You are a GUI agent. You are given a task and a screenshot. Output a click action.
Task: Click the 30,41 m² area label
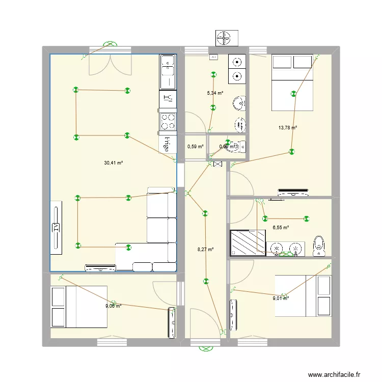(x=114, y=163)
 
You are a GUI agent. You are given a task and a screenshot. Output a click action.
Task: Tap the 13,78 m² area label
(x=288, y=128)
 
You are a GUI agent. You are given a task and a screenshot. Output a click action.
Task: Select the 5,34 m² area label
(x=215, y=93)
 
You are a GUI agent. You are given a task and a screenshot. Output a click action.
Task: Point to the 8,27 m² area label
(x=205, y=250)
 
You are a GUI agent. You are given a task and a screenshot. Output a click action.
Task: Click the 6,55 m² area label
(x=281, y=228)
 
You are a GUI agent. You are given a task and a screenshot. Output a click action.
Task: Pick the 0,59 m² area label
(x=195, y=147)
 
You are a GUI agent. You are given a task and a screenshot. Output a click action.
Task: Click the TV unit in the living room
(x=56, y=227)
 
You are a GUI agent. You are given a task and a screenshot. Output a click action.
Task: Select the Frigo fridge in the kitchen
(x=167, y=144)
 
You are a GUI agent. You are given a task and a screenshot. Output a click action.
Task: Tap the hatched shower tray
(x=248, y=242)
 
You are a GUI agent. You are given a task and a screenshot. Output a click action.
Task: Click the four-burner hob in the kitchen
(x=169, y=121)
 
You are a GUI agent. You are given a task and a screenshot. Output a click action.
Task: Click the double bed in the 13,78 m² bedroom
(x=292, y=82)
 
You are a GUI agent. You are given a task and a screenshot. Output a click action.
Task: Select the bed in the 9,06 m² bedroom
(x=79, y=306)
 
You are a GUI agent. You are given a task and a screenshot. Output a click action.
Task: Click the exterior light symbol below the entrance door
(x=206, y=349)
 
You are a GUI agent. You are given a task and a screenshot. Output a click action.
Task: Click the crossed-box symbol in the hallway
(x=218, y=164)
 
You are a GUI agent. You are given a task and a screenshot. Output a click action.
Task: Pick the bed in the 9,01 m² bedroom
(x=304, y=295)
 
